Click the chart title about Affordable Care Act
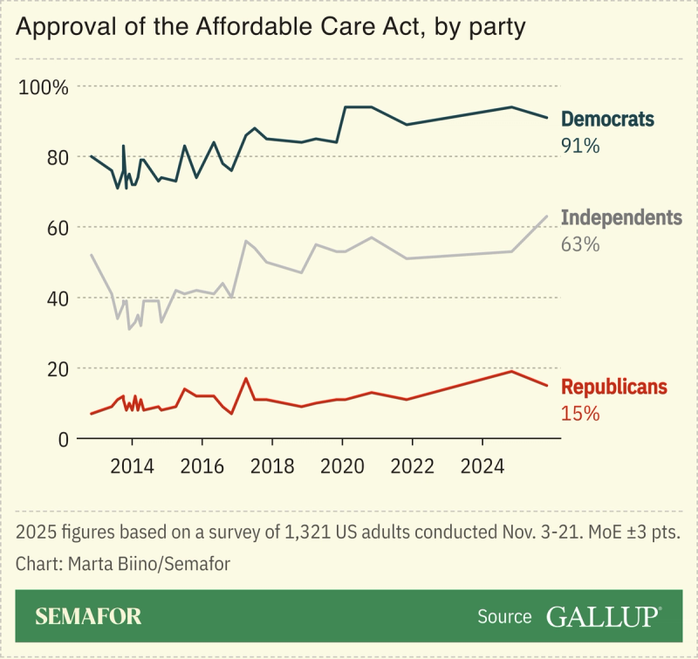[x=270, y=28]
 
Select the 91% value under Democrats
[x=580, y=146]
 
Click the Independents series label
[x=620, y=218]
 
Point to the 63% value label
[x=580, y=244]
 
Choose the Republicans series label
[x=614, y=387]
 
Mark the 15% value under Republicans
[x=580, y=414]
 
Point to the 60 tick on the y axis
[x=58, y=228]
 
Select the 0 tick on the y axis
[x=63, y=439]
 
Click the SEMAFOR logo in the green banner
[x=88, y=617]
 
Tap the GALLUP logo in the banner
[x=603, y=617]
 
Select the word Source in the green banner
[x=504, y=617]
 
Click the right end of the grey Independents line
[x=547, y=216]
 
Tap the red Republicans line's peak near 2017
[x=246, y=378]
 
